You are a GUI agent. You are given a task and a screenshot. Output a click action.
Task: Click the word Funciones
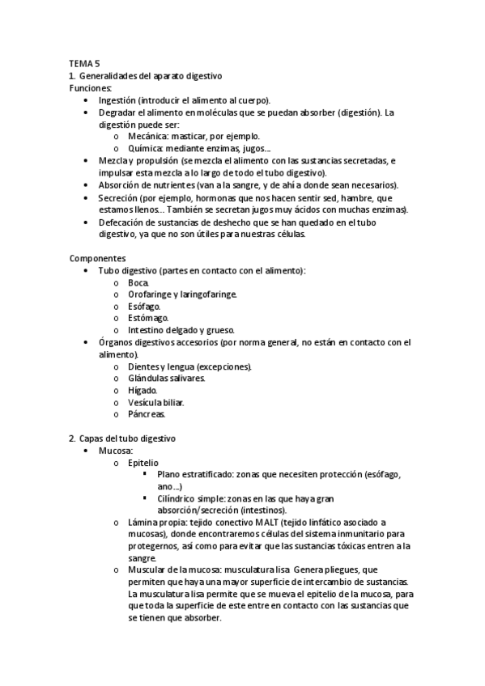[x=91, y=87]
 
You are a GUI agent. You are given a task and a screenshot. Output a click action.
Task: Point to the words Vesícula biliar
[x=155, y=403]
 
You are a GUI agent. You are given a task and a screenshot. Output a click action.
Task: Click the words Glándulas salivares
[x=166, y=379]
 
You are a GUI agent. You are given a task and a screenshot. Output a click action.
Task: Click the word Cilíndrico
[x=179, y=499]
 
